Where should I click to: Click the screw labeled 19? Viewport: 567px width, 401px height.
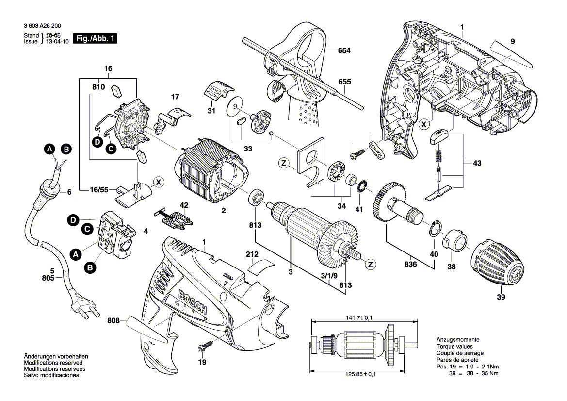click(206, 345)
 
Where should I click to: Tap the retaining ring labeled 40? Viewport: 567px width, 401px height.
click(435, 228)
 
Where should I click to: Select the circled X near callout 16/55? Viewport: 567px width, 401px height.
click(158, 183)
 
